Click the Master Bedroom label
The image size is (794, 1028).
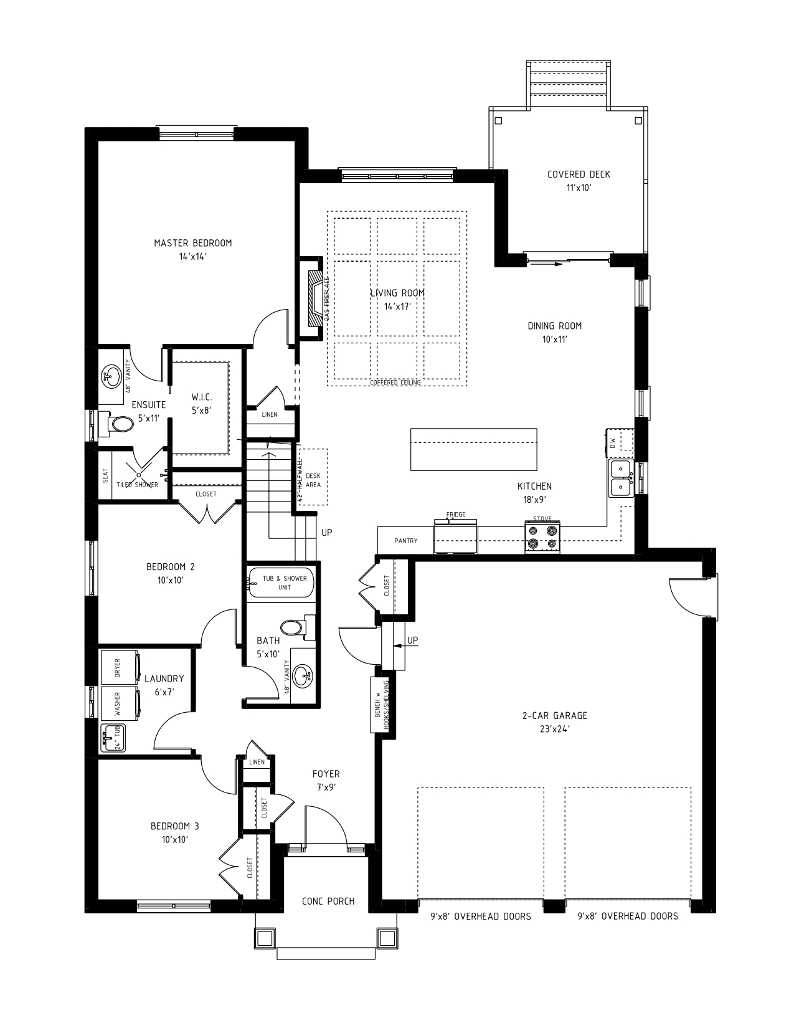coord(192,243)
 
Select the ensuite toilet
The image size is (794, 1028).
coord(118,424)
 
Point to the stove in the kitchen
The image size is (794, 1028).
coord(542,538)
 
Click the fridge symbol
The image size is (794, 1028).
coord(455,538)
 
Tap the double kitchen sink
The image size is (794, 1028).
coord(620,478)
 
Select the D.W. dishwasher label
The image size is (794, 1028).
coord(612,442)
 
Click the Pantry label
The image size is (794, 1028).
coord(406,541)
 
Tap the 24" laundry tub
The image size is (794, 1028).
coord(113,739)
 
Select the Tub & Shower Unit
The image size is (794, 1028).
coord(281,583)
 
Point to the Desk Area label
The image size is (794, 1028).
coord(313,480)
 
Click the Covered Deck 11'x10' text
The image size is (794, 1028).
coord(579,181)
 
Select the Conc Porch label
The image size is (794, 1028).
coord(328,901)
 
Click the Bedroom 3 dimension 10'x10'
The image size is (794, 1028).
coord(175,839)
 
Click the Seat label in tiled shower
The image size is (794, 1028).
coord(105,476)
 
